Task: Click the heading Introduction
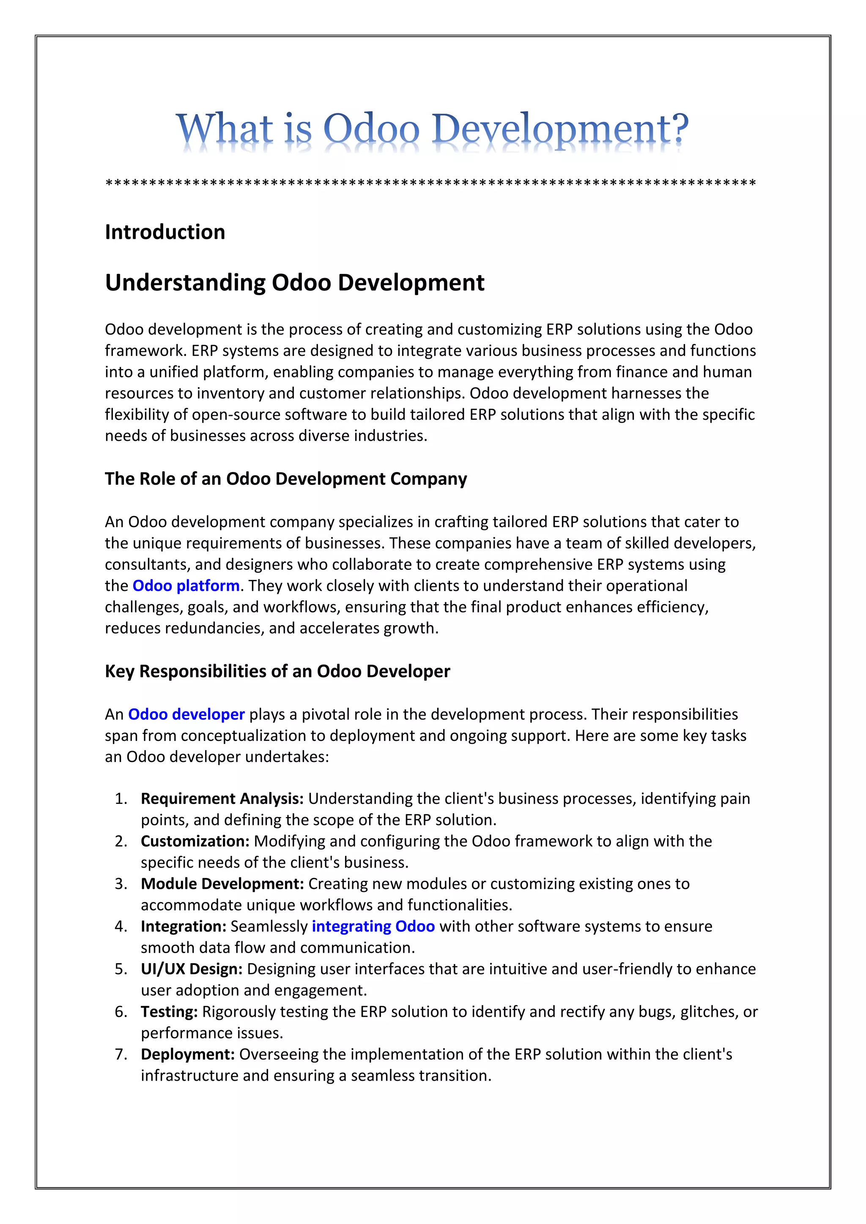click(x=165, y=232)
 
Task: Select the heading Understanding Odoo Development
click(x=294, y=283)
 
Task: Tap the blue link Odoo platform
click(x=186, y=585)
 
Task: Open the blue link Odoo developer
click(x=186, y=714)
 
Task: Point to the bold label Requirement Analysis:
click(x=222, y=798)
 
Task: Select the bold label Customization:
click(x=195, y=841)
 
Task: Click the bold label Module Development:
click(x=222, y=883)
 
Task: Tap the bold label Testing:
click(x=169, y=1011)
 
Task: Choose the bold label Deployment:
click(x=188, y=1054)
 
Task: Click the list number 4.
click(x=121, y=926)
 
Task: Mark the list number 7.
click(x=121, y=1054)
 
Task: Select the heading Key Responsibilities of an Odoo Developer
click(x=277, y=671)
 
